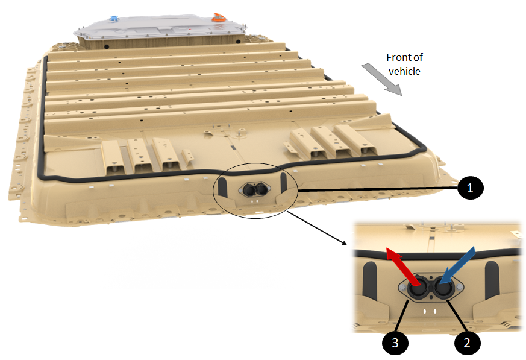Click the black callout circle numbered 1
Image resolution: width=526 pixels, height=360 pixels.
click(471, 188)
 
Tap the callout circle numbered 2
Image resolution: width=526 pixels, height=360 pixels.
click(467, 343)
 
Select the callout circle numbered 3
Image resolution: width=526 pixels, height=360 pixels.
click(395, 343)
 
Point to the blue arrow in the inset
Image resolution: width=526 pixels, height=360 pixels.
click(457, 265)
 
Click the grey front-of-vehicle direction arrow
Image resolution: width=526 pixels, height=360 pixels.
click(382, 80)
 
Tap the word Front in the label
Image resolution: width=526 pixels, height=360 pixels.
click(399, 57)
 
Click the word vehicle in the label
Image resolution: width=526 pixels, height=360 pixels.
click(404, 71)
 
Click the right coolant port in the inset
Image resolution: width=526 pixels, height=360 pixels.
click(445, 288)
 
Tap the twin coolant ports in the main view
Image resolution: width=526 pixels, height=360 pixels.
click(255, 190)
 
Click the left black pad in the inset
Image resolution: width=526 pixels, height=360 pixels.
click(370, 280)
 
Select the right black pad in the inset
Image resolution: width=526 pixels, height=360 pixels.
click(492, 279)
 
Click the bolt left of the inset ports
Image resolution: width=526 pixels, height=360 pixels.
click(403, 288)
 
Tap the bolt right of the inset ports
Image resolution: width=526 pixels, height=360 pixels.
click(459, 287)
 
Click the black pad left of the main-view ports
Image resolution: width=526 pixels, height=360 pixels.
click(222, 187)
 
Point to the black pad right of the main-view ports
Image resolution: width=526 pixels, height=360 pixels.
click(283, 183)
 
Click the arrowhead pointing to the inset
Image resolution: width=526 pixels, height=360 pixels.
click(344, 243)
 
